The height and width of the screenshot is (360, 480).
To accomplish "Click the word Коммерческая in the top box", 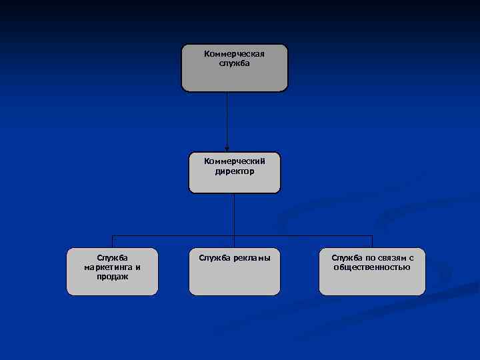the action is click(x=234, y=53).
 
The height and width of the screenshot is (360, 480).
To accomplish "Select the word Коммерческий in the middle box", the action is click(x=234, y=161).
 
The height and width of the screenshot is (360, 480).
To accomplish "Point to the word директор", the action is click(x=234, y=171).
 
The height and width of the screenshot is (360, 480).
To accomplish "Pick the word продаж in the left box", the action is click(x=112, y=276).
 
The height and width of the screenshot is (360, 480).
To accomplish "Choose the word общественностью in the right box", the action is click(x=371, y=267).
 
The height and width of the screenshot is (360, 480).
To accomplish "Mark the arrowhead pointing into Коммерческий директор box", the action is click(x=227, y=149).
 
